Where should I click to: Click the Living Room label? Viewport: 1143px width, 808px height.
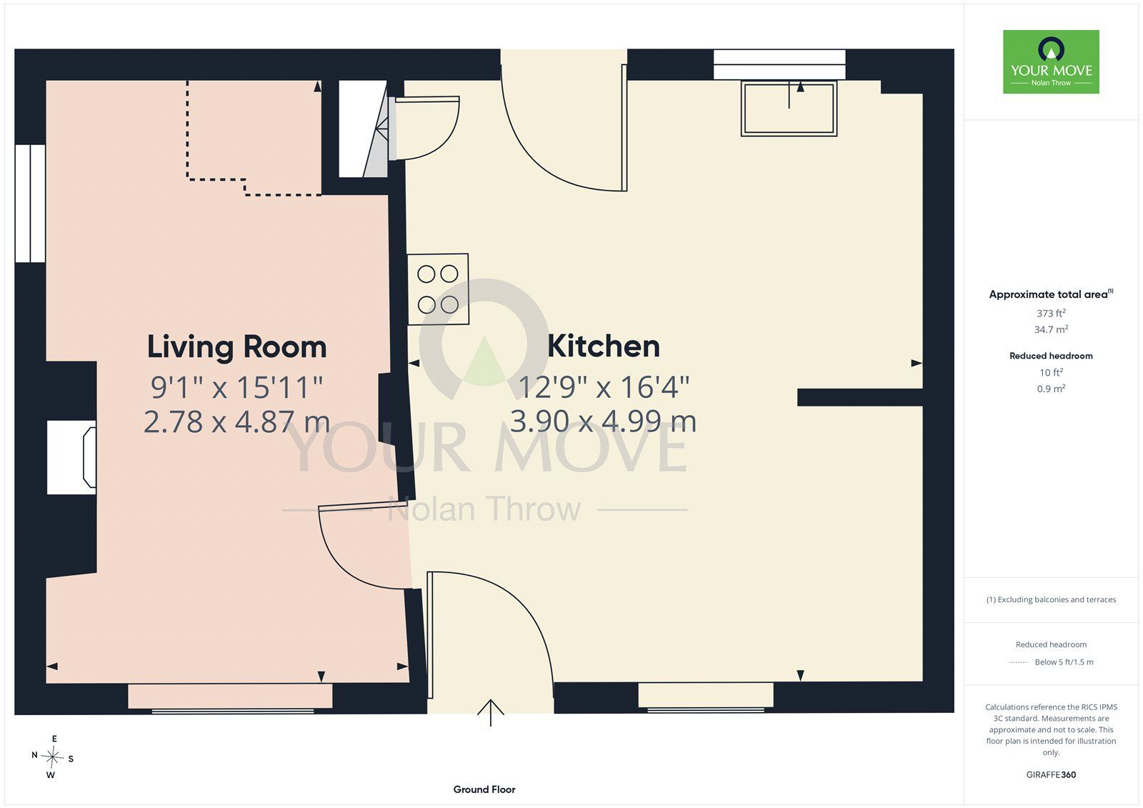point(236,347)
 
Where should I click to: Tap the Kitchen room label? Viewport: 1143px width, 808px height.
point(604,346)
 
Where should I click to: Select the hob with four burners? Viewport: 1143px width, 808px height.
point(438,289)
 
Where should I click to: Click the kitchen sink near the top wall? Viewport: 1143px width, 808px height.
point(789,108)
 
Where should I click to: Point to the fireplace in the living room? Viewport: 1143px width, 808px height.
point(71,457)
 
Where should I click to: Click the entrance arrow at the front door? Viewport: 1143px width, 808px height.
point(490,712)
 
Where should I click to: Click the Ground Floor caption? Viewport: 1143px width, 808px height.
point(484,789)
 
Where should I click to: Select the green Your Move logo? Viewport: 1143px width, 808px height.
point(1051,61)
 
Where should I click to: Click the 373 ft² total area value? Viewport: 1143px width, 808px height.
point(1051,313)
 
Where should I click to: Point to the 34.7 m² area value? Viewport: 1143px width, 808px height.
point(1051,329)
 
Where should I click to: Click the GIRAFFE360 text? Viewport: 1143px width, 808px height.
point(1051,774)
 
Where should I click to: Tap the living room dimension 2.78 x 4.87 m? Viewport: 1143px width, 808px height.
point(236,422)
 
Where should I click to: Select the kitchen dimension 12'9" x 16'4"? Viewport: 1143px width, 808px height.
point(604,387)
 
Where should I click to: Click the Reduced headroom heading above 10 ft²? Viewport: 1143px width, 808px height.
point(1051,356)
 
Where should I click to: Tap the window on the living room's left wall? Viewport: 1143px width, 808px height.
point(30,203)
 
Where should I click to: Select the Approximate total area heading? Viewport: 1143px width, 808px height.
point(1051,294)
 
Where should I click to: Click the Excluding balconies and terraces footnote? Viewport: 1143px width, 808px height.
point(1051,599)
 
